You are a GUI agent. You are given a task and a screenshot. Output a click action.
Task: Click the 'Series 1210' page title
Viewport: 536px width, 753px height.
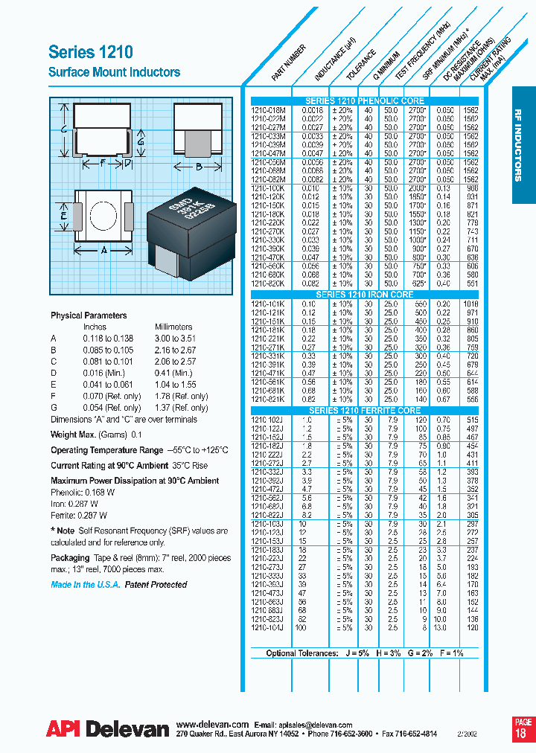point(91,51)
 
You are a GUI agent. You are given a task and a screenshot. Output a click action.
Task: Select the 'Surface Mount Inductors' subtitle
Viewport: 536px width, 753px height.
point(114,72)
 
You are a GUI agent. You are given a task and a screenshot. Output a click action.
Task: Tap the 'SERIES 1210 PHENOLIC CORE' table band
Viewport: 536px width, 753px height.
point(365,100)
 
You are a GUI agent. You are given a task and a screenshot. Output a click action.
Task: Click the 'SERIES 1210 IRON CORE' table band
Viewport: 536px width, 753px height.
point(365,295)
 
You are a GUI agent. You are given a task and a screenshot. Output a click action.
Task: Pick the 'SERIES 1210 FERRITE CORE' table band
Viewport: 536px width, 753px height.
point(365,411)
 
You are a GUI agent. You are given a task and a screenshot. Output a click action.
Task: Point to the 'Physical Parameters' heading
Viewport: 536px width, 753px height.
point(89,315)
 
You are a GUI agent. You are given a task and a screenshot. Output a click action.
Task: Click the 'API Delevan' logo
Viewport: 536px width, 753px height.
point(107,730)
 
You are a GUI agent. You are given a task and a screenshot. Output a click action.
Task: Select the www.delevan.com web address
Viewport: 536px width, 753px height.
point(212,724)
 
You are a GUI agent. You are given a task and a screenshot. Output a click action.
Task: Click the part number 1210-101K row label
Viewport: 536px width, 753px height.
point(268,304)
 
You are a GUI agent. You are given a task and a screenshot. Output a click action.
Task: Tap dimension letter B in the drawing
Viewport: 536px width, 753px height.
point(199,167)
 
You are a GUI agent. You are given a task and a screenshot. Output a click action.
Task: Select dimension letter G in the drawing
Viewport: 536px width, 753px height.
point(140,139)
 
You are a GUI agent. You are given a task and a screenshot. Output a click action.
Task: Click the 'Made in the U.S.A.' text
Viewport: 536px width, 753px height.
point(84,585)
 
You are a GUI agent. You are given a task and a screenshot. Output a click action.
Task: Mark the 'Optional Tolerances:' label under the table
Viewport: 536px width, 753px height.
point(301,653)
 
